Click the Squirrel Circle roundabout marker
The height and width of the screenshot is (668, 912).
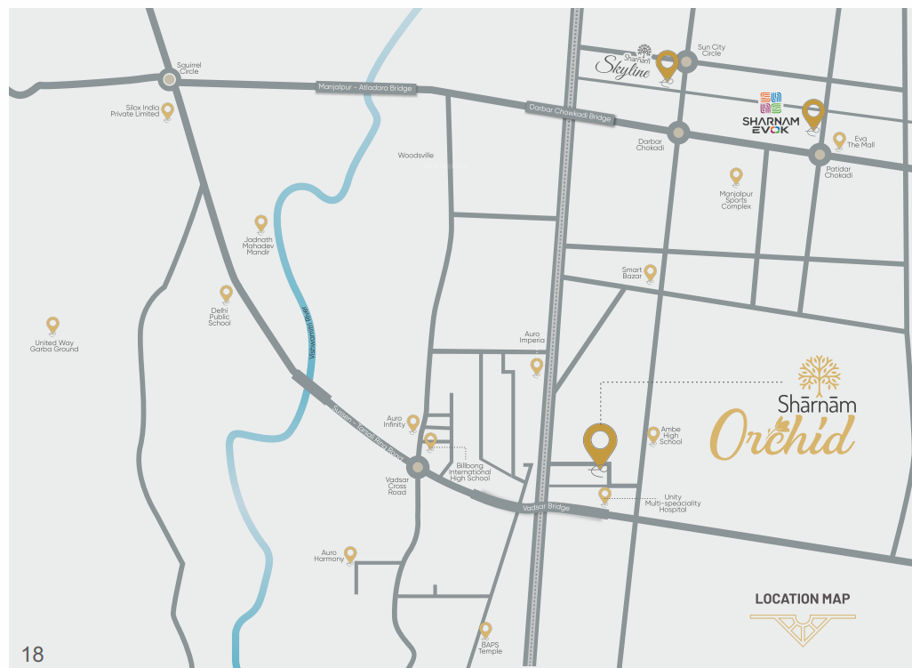tap(169, 79)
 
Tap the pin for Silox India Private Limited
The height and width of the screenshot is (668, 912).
tap(167, 111)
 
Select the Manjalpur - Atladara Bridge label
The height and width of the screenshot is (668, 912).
tap(365, 87)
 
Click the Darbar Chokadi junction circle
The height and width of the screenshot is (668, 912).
tap(678, 133)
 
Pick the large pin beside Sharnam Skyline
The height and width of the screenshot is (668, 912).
tap(667, 63)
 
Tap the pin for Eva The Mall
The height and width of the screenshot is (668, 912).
tap(839, 140)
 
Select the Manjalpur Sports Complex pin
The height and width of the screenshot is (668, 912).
tap(736, 175)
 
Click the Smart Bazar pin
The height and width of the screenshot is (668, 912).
tap(651, 272)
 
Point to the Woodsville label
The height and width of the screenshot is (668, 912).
tap(416, 156)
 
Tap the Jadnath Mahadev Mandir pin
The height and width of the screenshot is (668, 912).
tap(260, 222)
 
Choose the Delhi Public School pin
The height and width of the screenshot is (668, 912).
tap(226, 293)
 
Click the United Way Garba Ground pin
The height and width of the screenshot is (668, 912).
tap(53, 325)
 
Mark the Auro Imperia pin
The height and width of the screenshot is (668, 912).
tap(537, 365)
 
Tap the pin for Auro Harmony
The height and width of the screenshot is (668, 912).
tap(350, 553)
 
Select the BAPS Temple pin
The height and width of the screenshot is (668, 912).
tap(485, 629)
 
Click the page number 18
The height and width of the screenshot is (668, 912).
tap(32, 655)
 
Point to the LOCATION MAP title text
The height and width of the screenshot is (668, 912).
tap(802, 599)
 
